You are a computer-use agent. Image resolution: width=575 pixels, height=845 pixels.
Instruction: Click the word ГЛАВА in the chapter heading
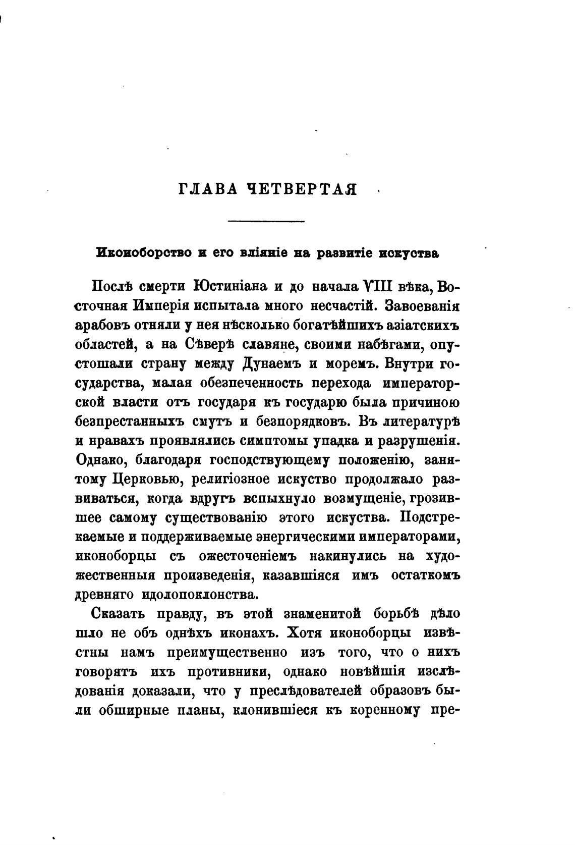pos(207,190)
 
